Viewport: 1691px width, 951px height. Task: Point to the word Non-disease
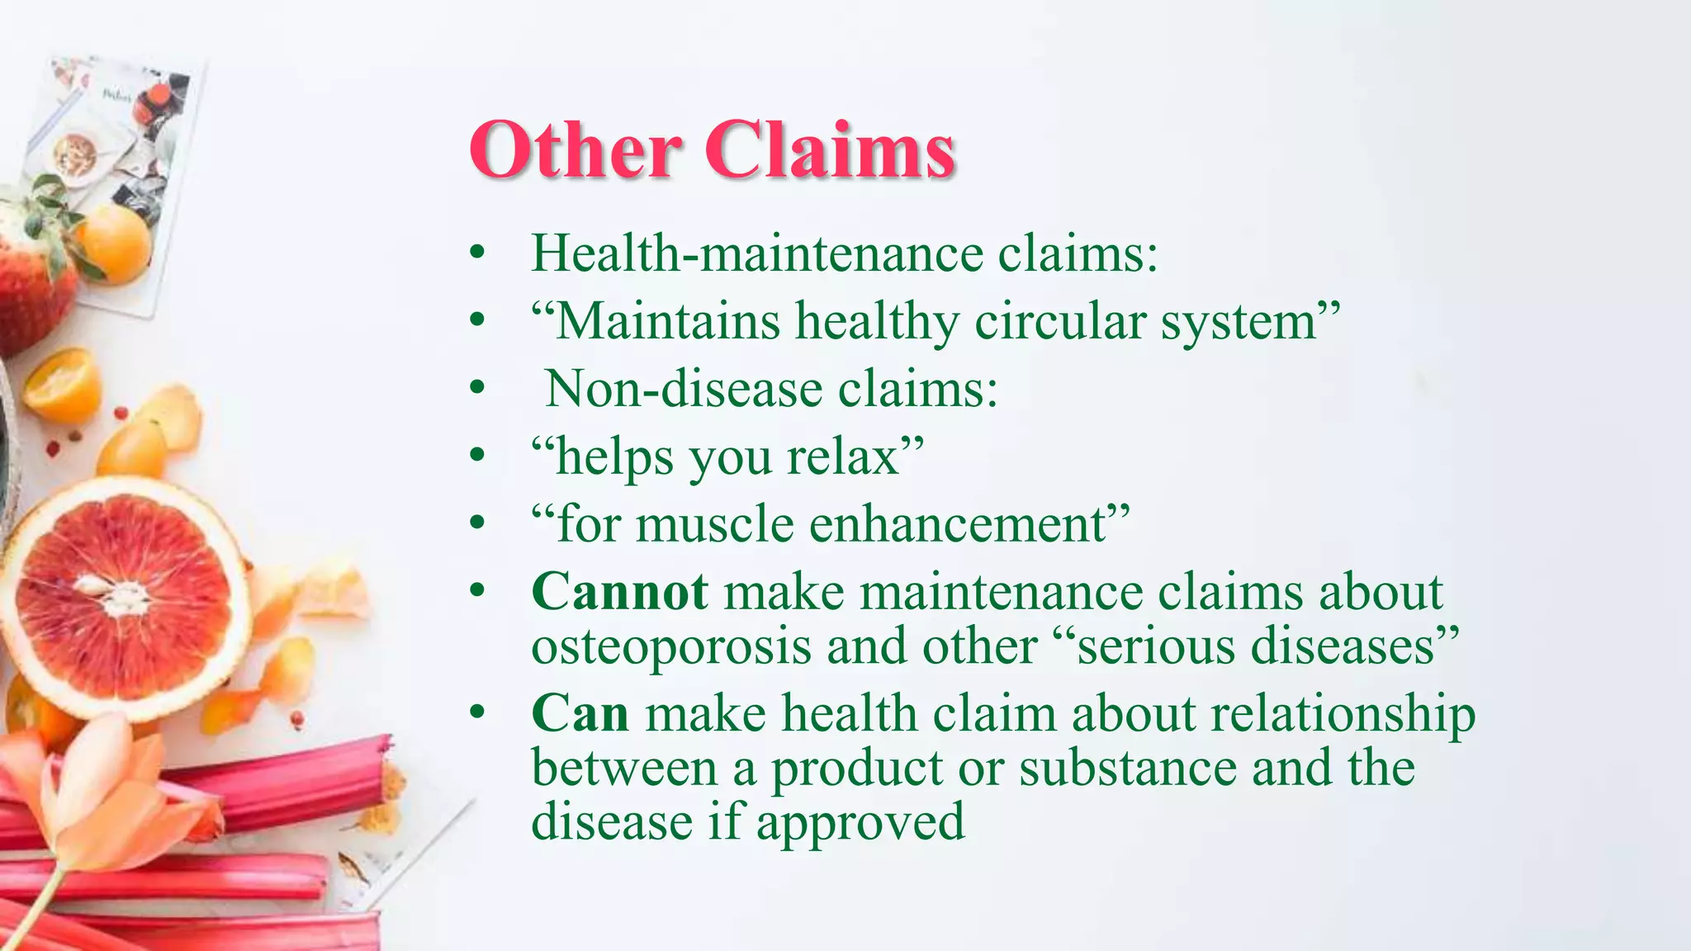coord(684,388)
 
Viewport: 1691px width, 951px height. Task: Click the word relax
coord(843,456)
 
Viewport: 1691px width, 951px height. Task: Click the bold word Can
coord(580,713)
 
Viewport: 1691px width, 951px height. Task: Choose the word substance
coord(1128,768)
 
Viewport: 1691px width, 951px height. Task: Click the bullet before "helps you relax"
coord(476,456)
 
